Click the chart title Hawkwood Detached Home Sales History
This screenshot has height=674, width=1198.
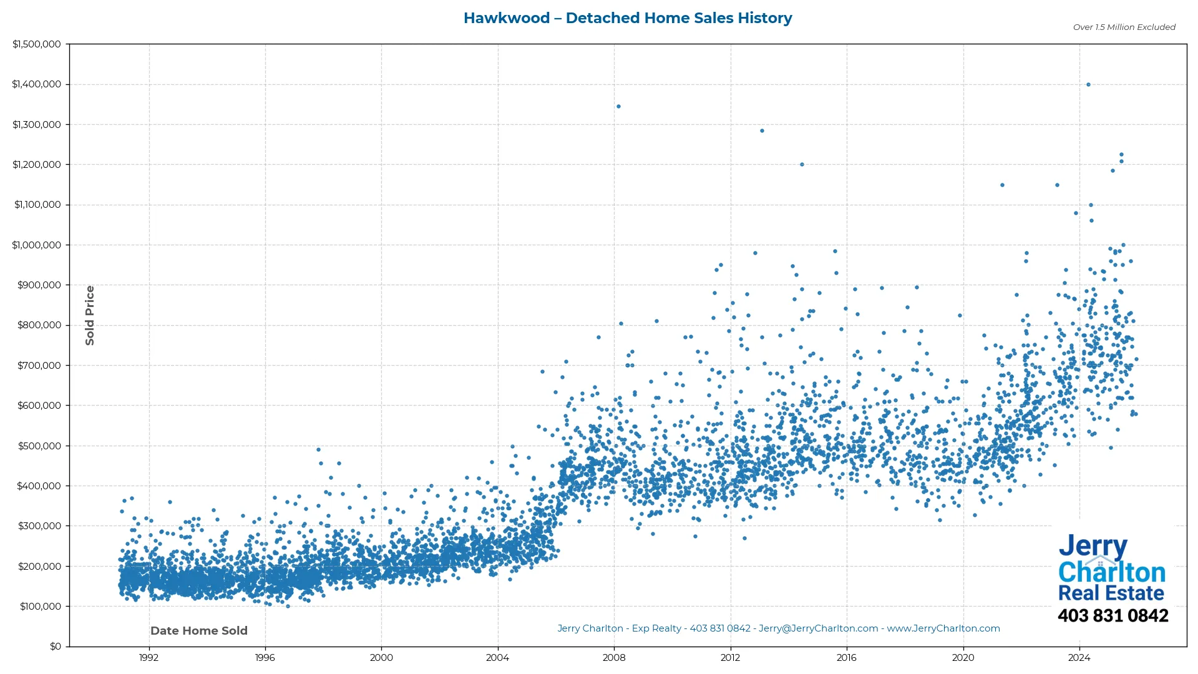tap(628, 18)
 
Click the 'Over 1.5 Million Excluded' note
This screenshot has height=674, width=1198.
tap(1124, 27)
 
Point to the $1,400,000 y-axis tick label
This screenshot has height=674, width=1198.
tap(37, 84)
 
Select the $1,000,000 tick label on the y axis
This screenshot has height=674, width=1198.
tap(37, 245)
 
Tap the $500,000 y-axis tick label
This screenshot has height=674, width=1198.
tap(39, 446)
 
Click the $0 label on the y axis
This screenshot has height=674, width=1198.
tap(56, 647)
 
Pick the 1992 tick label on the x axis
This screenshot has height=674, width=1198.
tap(149, 658)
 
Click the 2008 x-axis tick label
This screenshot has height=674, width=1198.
tap(614, 658)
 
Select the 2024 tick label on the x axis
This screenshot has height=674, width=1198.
tap(1079, 658)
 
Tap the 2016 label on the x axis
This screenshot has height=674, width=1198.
tap(847, 658)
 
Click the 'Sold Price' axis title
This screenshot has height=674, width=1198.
tap(90, 315)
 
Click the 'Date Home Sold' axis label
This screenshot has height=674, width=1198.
tap(199, 631)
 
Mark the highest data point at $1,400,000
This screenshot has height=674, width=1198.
tap(1088, 85)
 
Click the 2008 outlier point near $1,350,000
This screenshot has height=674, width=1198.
tap(618, 107)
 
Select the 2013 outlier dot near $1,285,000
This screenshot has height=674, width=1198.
tap(762, 131)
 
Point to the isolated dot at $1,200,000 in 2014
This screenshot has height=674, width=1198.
tap(802, 165)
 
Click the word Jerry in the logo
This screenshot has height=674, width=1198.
tap(1093, 547)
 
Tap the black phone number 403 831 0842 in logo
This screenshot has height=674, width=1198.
tap(1113, 616)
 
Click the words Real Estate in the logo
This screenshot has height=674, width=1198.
tap(1111, 593)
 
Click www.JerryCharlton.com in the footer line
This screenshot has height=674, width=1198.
tap(943, 628)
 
